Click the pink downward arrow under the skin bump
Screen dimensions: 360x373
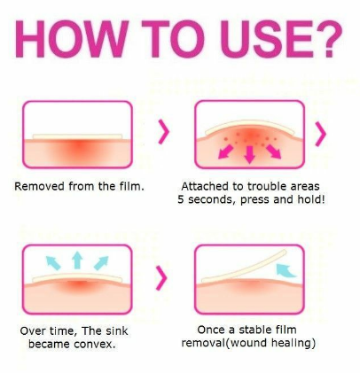click(x=250, y=154)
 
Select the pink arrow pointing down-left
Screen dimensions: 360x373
click(x=226, y=152)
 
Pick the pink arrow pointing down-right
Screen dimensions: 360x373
click(x=273, y=152)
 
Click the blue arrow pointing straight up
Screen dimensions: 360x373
click(x=77, y=260)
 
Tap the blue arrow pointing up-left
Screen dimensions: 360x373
click(x=53, y=263)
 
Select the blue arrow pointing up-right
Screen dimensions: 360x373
click(x=101, y=263)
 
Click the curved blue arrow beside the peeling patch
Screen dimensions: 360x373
click(x=286, y=271)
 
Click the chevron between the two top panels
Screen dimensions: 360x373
click(x=164, y=132)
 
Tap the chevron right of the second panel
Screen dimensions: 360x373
click(x=321, y=134)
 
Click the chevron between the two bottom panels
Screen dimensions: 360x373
click(x=161, y=278)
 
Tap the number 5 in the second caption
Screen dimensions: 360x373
click(x=181, y=199)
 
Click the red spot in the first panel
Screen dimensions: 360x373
click(x=79, y=147)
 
